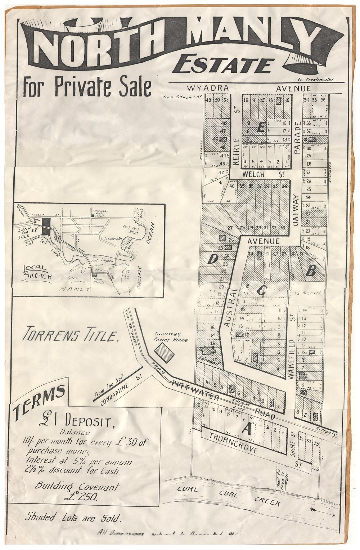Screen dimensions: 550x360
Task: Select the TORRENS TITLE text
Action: click(x=71, y=336)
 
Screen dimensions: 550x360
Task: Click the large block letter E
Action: click(x=262, y=127)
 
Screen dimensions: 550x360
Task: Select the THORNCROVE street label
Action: click(x=233, y=442)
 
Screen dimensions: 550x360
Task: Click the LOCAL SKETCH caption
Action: click(x=37, y=273)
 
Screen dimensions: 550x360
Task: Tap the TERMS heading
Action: click(x=40, y=399)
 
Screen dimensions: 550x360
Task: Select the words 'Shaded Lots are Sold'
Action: click(x=73, y=518)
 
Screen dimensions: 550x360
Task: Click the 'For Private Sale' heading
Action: click(x=86, y=87)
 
